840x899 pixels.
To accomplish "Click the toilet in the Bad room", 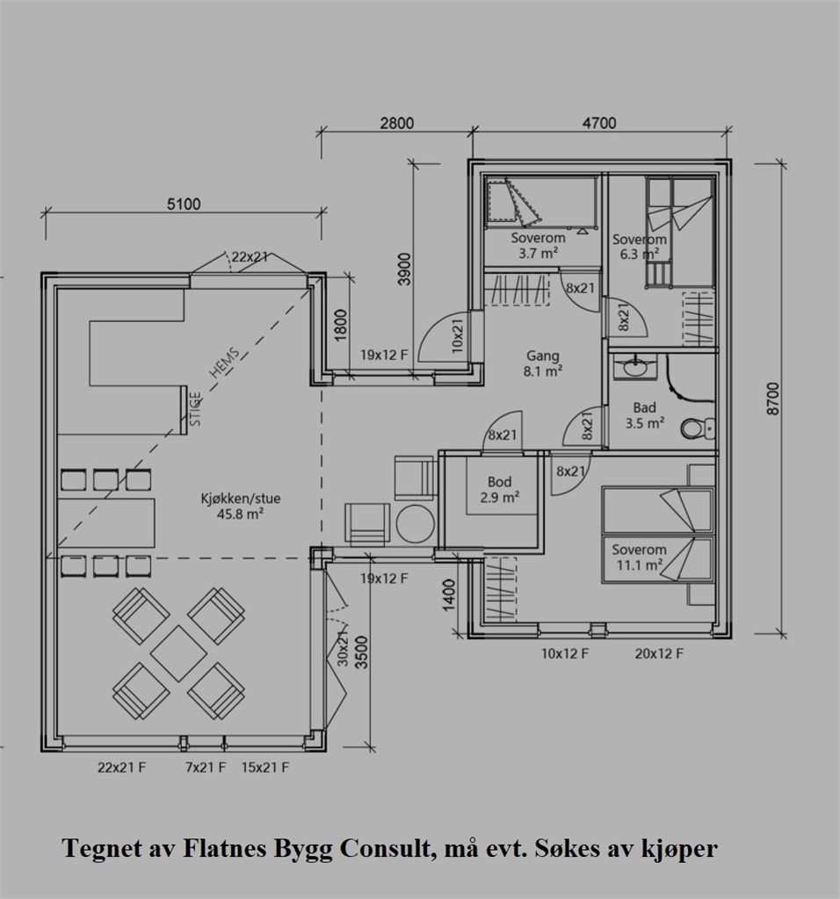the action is pos(697,428).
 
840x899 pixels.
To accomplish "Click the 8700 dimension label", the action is pos(773,399).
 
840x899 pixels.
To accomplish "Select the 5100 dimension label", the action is pos(184,204).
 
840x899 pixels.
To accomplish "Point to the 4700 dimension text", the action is pos(599,123).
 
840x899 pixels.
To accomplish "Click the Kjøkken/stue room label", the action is pos(241,507).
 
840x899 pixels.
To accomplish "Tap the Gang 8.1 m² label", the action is pos(542,363).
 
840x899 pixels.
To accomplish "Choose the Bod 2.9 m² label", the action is pos(500,490).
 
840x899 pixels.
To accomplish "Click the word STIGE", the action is pos(196,409).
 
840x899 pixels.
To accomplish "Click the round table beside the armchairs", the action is pos(416,524).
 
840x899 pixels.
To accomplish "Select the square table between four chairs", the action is pos(179,653).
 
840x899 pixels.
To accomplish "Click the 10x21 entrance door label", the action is pos(457,336).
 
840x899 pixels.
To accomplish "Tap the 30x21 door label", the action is pos(343,646).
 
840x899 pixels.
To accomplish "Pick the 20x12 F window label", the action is pos(659,653).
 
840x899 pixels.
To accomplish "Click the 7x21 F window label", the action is pos(206,767).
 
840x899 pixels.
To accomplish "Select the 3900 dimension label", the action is pos(404,270).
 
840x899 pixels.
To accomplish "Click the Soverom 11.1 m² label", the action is pos(639,557).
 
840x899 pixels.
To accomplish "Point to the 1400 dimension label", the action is pos(449,595).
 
